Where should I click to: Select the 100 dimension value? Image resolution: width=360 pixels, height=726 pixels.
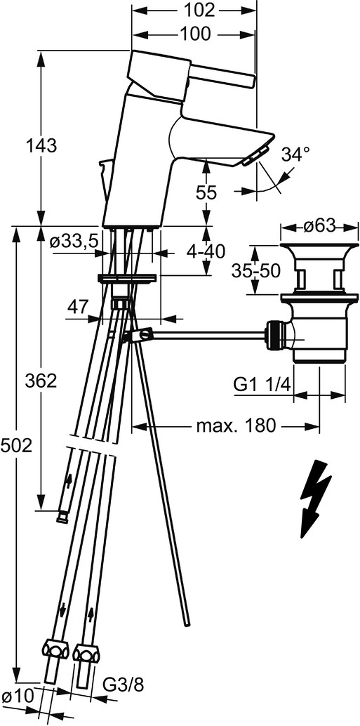(x=194, y=33)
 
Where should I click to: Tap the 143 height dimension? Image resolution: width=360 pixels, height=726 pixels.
(x=41, y=146)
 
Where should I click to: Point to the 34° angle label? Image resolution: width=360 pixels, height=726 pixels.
(x=295, y=154)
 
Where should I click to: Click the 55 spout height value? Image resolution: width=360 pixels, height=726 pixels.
(x=205, y=192)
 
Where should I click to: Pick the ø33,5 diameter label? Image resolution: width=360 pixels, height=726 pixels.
(x=75, y=241)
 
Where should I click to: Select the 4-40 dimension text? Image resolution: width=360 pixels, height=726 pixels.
(x=206, y=252)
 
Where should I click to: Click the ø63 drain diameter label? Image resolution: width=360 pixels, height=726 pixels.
(x=319, y=226)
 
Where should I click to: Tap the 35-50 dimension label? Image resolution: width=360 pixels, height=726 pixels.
(x=256, y=271)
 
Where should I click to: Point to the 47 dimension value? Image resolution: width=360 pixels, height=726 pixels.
(x=79, y=306)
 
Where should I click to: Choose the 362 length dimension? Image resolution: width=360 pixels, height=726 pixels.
(x=41, y=381)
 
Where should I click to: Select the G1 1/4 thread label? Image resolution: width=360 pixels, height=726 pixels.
(x=262, y=384)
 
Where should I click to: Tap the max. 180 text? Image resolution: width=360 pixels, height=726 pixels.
(x=236, y=425)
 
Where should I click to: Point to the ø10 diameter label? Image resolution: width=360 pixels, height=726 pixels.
(x=17, y=709)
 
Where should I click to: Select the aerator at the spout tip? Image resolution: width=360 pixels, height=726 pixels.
(x=253, y=155)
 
